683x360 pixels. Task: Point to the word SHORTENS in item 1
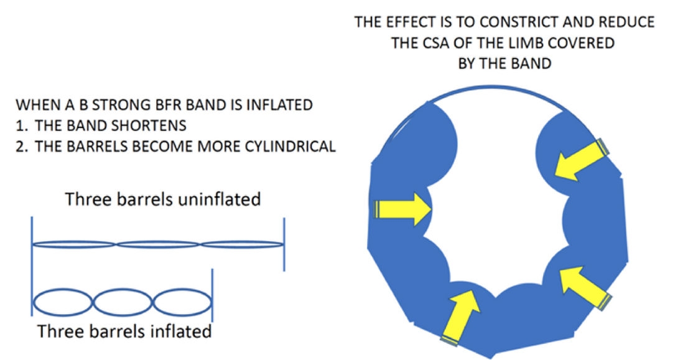pyautogui.click(x=149, y=126)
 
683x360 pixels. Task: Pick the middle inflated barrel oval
pyautogui.click(x=123, y=302)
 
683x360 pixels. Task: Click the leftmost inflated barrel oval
pyautogui.click(x=63, y=302)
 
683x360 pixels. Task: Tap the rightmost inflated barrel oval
pyautogui.click(x=182, y=302)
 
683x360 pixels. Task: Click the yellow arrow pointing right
pyautogui.click(x=403, y=210)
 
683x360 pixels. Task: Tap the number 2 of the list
pyautogui.click(x=19, y=146)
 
